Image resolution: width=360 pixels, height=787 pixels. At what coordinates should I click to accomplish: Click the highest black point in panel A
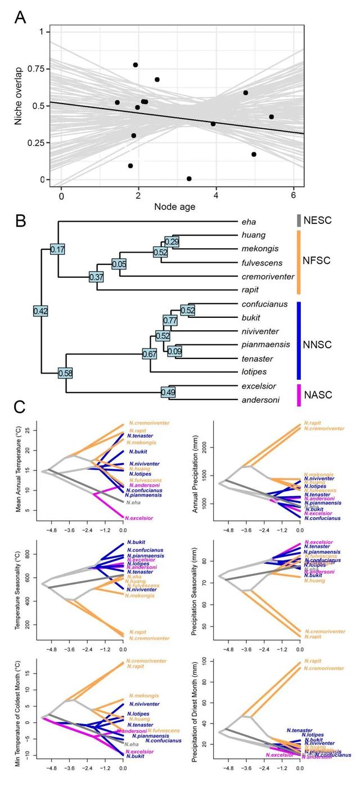click(136, 65)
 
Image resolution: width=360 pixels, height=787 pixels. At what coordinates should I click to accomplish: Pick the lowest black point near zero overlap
click(189, 179)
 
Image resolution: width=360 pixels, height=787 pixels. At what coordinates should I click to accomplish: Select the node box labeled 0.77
click(170, 320)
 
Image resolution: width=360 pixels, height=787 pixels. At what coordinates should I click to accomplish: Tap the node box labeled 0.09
click(175, 352)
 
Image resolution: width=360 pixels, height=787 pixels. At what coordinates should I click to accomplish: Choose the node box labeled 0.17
click(58, 248)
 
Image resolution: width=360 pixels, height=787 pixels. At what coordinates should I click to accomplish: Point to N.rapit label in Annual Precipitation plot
click(312, 422)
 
